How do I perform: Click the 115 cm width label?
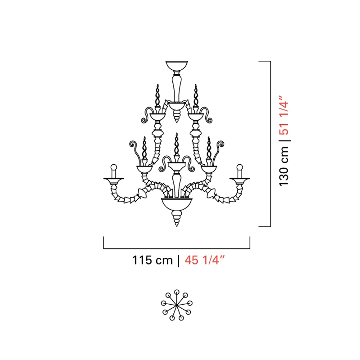tap(152, 261)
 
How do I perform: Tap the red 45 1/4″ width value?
tap(204, 261)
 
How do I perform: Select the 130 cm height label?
tap(284, 166)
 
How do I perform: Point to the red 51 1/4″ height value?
tap(284, 115)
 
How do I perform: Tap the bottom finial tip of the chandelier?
tap(176, 226)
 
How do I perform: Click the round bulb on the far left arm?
tap(114, 167)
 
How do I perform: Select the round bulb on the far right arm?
tap(240, 167)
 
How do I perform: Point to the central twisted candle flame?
tap(176, 144)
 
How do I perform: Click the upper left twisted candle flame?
tap(157, 96)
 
